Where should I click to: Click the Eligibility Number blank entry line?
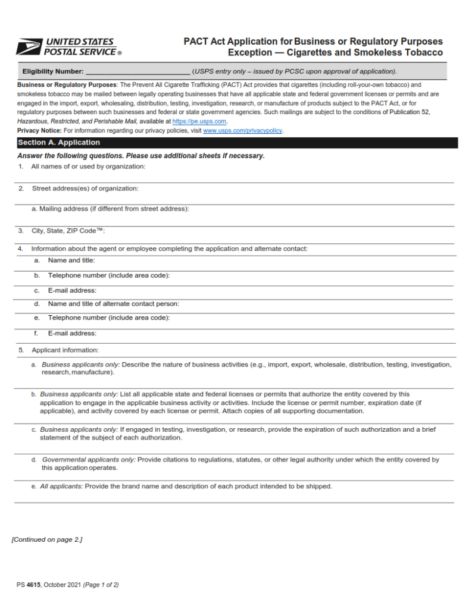tap(137, 72)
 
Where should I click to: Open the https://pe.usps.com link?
tap(199, 121)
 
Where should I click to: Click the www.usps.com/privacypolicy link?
tap(243, 130)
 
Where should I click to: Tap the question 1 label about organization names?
tap(88, 167)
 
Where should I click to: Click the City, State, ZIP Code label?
tap(68, 231)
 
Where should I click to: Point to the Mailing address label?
tap(110, 209)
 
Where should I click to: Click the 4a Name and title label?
tap(71, 260)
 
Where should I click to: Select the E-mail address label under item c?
tap(72, 290)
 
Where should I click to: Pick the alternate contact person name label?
tap(113, 304)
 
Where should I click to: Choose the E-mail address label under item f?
tap(72, 333)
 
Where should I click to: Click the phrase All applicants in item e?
tap(61, 486)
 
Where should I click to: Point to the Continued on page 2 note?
tap(47, 539)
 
